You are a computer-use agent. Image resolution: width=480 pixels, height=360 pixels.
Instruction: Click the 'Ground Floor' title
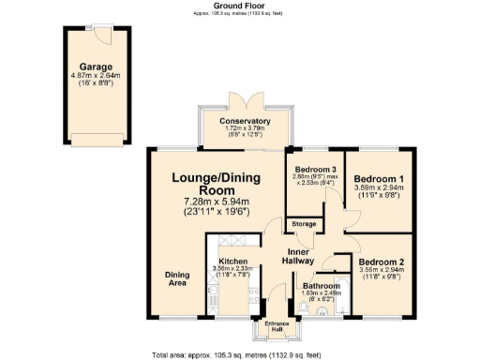pos(240,5)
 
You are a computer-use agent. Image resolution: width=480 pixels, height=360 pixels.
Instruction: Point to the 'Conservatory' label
pos(246,121)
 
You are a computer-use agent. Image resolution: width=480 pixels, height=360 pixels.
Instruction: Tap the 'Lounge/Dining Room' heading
pos(216,186)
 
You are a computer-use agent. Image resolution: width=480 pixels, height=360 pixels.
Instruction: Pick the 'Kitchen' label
pos(232,262)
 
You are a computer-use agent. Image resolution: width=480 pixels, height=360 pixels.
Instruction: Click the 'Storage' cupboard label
pos(303,224)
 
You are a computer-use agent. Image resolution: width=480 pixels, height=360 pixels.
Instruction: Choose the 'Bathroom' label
pos(322,285)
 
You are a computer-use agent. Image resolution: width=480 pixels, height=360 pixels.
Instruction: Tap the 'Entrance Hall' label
pos(276,327)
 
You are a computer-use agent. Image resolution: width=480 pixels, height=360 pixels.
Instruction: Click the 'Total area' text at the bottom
pos(240,354)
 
